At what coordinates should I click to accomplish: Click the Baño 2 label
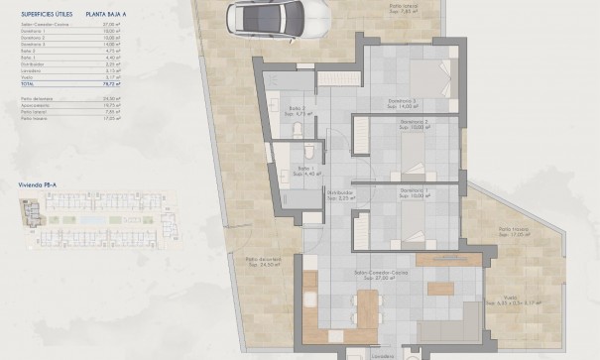(295, 109)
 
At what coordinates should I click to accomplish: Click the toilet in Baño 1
(309, 152)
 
